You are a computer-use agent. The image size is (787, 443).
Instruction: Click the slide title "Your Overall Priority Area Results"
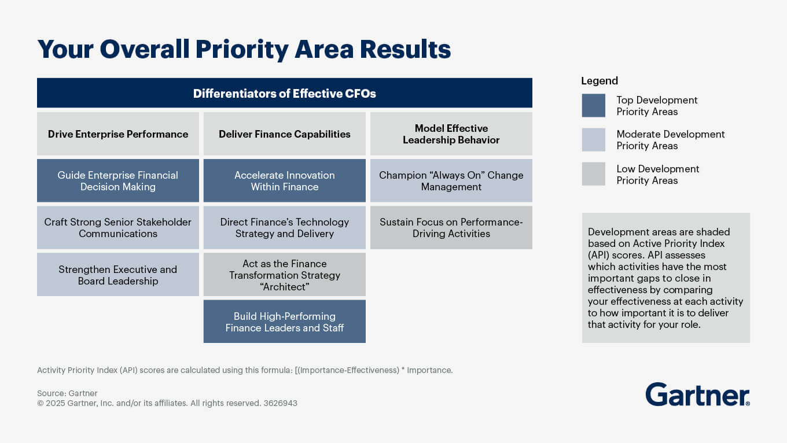click(244, 49)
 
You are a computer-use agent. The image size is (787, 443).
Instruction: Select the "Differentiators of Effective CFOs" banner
click(284, 93)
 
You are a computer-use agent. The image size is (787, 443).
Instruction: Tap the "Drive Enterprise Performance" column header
click(118, 134)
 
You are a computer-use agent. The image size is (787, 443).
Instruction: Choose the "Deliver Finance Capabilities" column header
click(284, 134)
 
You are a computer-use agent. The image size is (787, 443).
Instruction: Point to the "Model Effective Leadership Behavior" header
click(451, 134)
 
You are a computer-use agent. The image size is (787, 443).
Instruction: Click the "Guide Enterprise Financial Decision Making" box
click(118, 180)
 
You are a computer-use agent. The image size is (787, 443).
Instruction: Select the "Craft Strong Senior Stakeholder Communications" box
click(118, 227)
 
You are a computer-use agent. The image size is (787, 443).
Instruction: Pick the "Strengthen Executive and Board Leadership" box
click(118, 275)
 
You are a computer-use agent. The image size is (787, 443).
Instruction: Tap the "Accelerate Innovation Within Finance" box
click(284, 180)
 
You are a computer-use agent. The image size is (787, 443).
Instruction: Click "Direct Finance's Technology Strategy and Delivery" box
click(284, 227)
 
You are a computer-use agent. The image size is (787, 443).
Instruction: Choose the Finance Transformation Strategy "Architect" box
click(284, 275)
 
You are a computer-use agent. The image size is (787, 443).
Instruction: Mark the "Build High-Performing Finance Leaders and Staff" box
click(284, 322)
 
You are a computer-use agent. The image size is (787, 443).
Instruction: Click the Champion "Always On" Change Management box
click(451, 180)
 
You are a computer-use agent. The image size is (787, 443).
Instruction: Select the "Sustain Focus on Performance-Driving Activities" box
click(451, 227)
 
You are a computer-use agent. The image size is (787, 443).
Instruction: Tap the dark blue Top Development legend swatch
click(593, 105)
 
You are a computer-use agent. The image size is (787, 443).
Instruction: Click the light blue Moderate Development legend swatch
click(593, 139)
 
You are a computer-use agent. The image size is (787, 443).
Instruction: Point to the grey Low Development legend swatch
click(593, 174)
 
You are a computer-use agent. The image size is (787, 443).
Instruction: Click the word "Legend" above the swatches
click(600, 81)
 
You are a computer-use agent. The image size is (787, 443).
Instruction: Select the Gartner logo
click(697, 394)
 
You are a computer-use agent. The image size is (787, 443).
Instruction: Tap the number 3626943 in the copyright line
click(280, 403)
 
